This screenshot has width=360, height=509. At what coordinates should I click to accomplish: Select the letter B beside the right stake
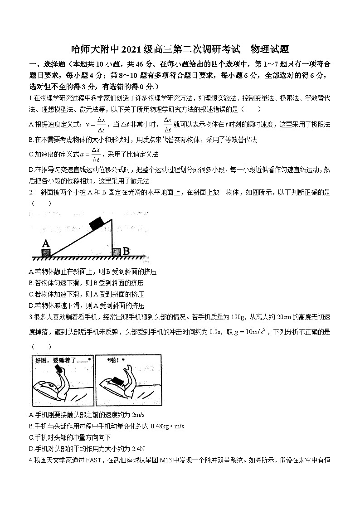pos(126,251)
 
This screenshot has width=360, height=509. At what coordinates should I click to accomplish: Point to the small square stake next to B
pos(117,252)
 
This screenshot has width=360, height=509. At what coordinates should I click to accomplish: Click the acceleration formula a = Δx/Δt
pos(89,154)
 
